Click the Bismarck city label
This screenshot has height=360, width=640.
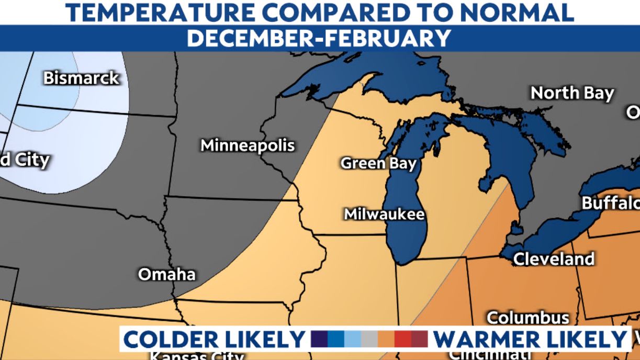click(x=81, y=78)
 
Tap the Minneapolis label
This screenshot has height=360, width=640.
click(x=248, y=145)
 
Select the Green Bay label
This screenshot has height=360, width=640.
click(x=378, y=163)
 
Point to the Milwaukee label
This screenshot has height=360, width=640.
click(x=384, y=214)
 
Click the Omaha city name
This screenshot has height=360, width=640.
click(x=166, y=274)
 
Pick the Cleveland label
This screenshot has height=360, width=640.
click(x=554, y=258)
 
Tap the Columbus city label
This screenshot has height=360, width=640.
click(x=527, y=317)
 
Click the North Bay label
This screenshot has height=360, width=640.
click(x=572, y=93)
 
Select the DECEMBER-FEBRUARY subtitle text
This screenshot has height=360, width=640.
click(x=319, y=38)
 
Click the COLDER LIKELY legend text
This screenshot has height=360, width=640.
click(x=215, y=340)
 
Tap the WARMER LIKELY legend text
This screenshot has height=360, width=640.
click(x=530, y=340)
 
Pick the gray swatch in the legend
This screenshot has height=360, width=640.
click(x=369, y=340)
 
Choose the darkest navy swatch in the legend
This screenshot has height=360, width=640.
click(x=319, y=340)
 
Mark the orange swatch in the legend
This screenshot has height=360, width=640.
click(x=386, y=340)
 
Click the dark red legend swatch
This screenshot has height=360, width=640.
click(x=419, y=340)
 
